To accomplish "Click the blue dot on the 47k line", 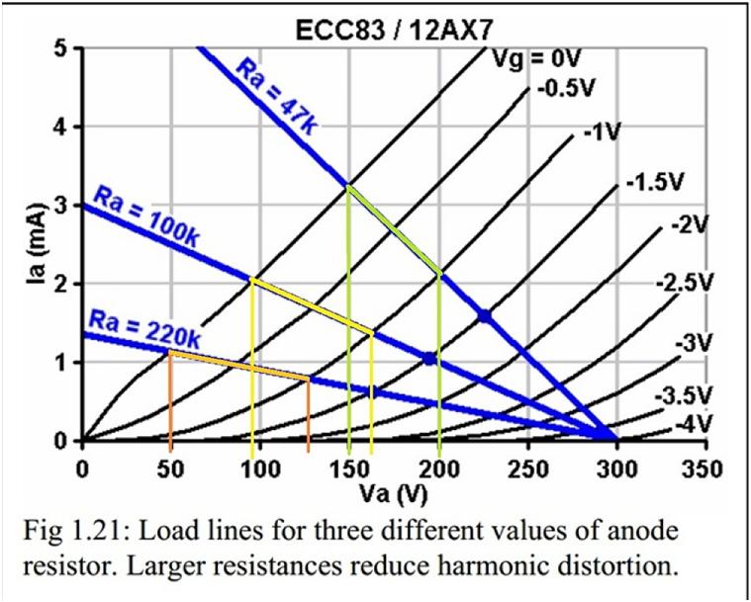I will tap(484, 316).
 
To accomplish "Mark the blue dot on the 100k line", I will tap(429, 358).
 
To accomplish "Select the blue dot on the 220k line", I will tap(374, 391).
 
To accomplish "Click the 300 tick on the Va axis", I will tap(617, 467).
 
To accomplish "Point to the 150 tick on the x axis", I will tap(348, 467).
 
